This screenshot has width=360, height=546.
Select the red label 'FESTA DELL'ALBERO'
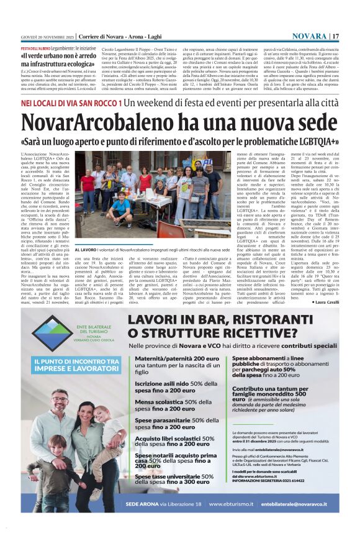[x=35, y=48]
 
